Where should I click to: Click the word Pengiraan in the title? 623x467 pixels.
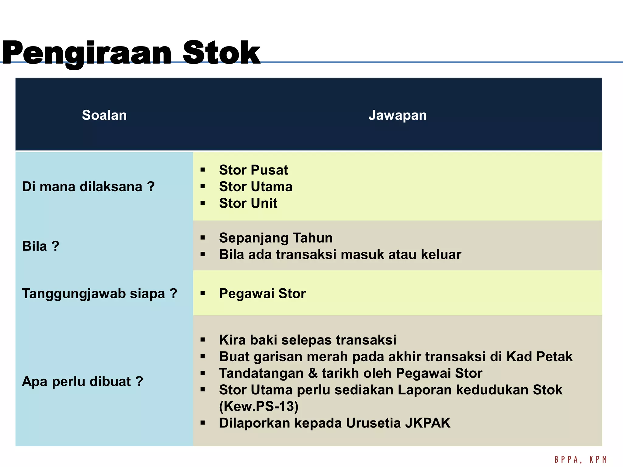click(87, 53)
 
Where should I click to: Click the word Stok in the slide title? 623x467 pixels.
click(221, 53)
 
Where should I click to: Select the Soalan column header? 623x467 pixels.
click(104, 115)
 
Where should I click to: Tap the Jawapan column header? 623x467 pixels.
click(397, 115)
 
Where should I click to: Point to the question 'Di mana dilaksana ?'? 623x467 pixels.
click(88, 187)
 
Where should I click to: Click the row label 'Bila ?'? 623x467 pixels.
click(40, 246)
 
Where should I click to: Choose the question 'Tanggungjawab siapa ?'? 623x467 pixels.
click(99, 294)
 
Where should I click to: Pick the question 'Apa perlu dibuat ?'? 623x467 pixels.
click(82, 382)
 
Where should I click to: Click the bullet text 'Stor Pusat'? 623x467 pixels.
click(253, 170)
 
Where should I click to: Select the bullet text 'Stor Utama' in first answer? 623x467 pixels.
click(256, 187)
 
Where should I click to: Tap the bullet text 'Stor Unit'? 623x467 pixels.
click(248, 203)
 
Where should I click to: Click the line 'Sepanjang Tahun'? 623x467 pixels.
click(276, 238)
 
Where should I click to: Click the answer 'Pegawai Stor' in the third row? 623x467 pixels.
click(262, 294)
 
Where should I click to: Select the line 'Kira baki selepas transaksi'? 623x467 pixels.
click(307, 340)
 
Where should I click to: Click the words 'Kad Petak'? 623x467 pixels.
click(539, 357)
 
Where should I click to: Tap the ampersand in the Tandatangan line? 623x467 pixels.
click(312, 373)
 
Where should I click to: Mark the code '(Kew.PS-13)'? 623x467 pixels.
click(259, 406)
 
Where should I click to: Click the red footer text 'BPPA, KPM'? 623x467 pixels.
click(580, 459)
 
